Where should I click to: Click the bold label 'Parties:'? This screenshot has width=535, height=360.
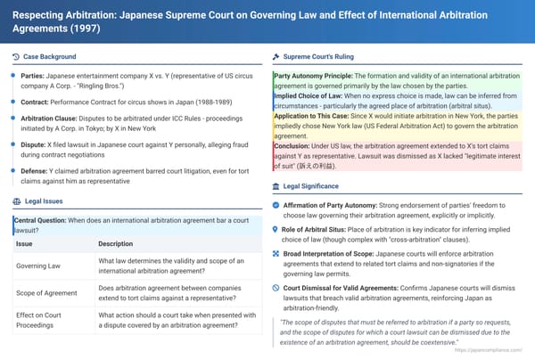pos(37,77)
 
